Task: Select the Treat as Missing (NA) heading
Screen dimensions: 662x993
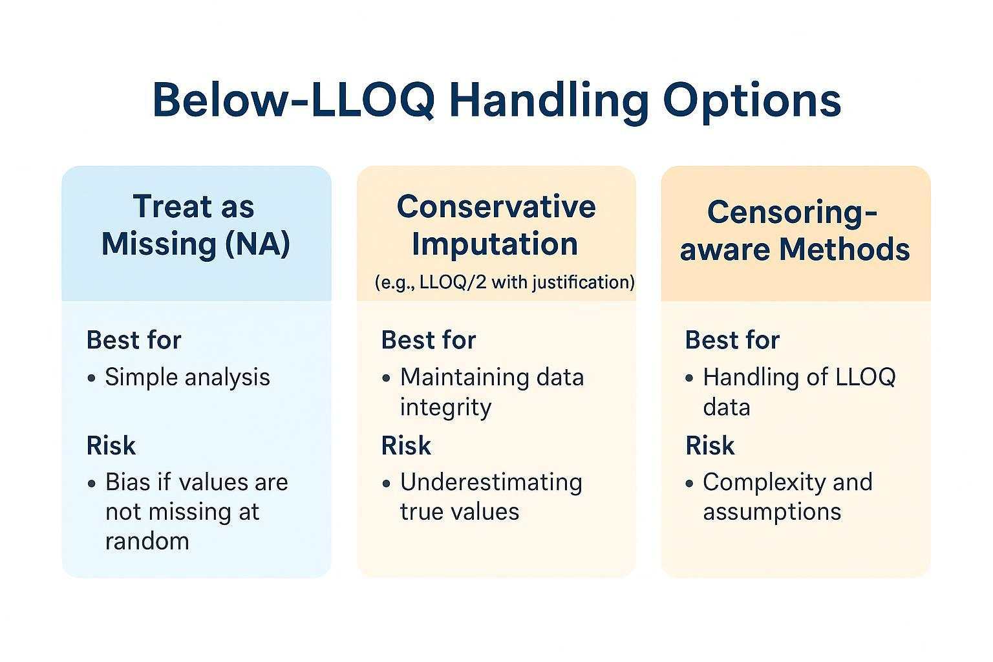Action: tap(195, 226)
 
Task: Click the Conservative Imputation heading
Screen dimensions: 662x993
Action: tap(496, 225)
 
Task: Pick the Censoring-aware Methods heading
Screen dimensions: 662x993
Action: tap(795, 231)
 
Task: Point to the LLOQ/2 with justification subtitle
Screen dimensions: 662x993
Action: tap(504, 283)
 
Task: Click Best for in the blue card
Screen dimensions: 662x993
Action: tap(134, 340)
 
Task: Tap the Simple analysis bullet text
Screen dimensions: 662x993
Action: tap(187, 377)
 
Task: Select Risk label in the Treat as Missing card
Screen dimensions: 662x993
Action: tap(111, 445)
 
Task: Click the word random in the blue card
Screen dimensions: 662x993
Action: tap(147, 541)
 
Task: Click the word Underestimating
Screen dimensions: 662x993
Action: tap(491, 482)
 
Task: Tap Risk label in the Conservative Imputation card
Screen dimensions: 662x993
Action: tap(406, 445)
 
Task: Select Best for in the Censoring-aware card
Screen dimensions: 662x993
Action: tap(732, 340)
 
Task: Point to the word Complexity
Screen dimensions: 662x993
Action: tap(755, 482)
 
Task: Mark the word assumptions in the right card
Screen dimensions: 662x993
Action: tap(772, 512)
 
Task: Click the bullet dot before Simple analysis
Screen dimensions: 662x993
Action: tap(92, 378)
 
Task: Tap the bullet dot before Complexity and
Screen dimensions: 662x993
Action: tap(690, 484)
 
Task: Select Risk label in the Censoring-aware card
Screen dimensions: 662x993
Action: tap(710, 445)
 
